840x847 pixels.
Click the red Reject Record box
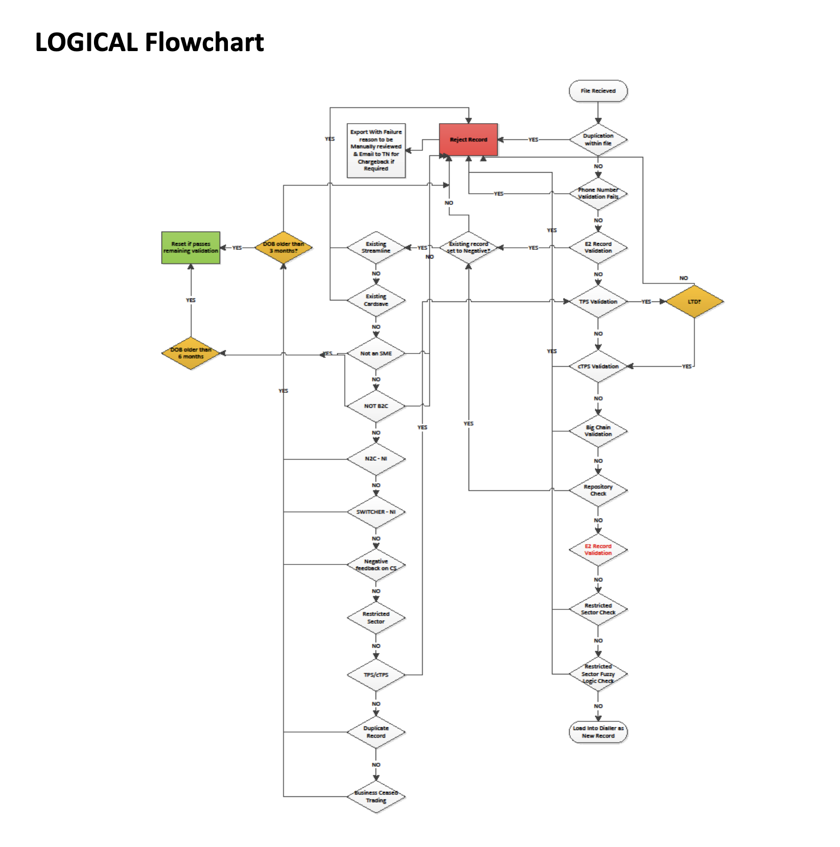tap(468, 139)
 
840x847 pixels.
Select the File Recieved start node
tap(598, 91)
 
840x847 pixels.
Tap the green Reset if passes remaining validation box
tap(191, 248)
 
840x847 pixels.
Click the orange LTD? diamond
tap(694, 301)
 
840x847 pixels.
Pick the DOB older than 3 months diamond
tap(284, 248)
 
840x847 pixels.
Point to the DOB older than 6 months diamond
tap(191, 353)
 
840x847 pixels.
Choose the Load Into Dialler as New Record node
tap(598, 732)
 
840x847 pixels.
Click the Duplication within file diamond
tap(598, 139)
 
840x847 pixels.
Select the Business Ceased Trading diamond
tap(376, 796)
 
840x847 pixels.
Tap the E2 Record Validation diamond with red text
tap(598, 550)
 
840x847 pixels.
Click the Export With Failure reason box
tap(376, 150)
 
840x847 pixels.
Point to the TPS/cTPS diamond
tap(376, 675)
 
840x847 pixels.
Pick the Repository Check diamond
tap(598, 490)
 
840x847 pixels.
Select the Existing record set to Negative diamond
tap(468, 248)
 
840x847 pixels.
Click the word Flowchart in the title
tap(204, 42)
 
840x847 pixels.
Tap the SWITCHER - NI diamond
tap(376, 512)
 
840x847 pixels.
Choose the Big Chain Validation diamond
tap(598, 431)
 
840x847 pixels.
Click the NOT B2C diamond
tap(376, 406)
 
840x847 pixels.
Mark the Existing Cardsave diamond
tap(376, 300)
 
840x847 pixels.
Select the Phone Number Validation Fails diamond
tap(598, 194)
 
